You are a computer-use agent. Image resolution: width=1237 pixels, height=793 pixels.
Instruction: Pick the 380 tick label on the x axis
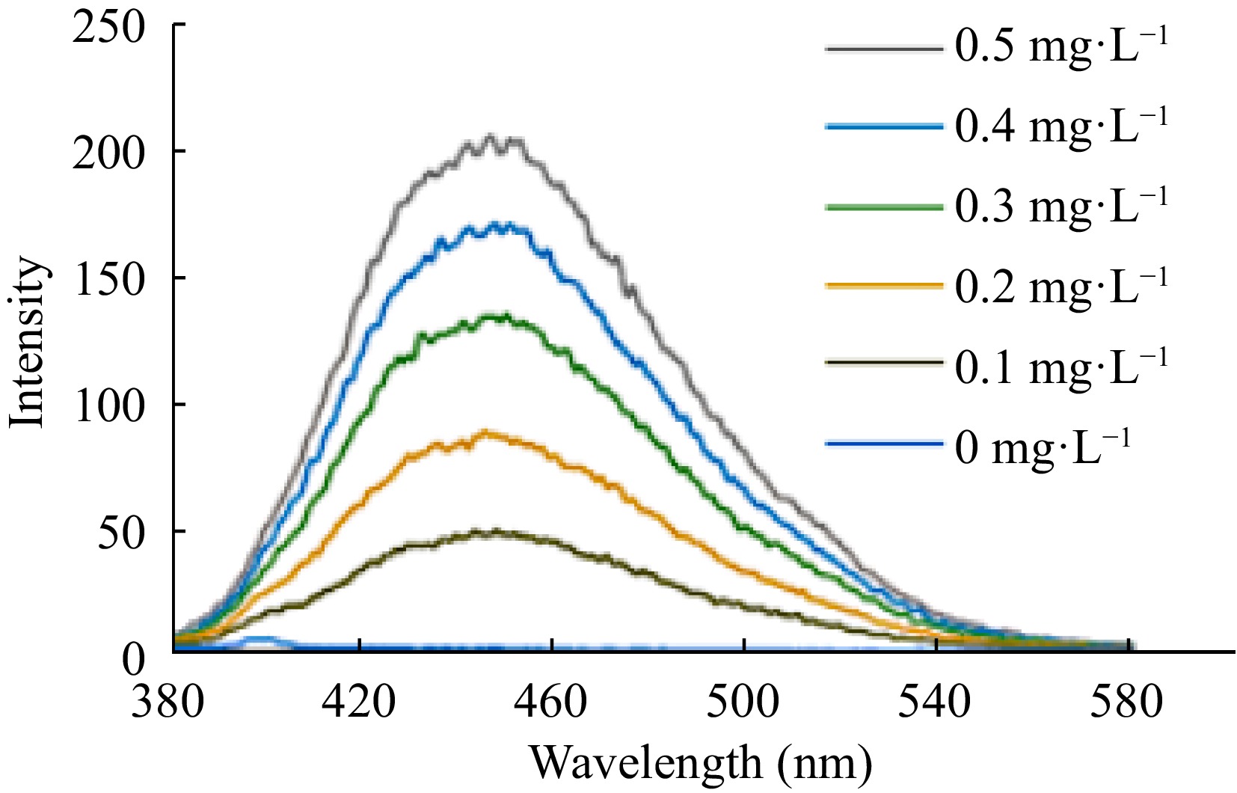[x=168, y=703]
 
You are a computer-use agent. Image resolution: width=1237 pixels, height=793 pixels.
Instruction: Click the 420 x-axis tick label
[x=360, y=703]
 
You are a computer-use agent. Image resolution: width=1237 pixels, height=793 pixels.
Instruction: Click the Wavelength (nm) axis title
[x=702, y=763]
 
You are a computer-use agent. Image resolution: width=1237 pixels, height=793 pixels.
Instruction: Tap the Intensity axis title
[x=28, y=343]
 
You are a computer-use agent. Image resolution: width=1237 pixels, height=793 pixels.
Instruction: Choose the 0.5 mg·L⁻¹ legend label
[x=1060, y=49]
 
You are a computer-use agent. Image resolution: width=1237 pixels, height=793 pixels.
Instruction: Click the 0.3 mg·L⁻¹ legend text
[x=1060, y=208]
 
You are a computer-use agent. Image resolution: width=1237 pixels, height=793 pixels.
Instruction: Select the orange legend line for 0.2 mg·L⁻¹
[x=883, y=286]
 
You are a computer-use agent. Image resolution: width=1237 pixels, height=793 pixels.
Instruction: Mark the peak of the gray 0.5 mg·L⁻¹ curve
[x=491, y=137]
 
